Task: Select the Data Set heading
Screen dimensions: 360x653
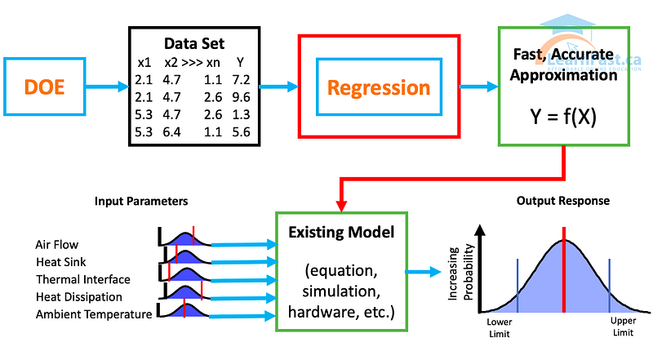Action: (195, 43)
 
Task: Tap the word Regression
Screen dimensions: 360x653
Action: (379, 87)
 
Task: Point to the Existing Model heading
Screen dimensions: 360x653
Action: (341, 233)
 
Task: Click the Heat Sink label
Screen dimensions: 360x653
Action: (59, 261)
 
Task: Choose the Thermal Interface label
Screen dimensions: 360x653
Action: (82, 279)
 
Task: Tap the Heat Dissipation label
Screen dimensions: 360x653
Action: (78, 296)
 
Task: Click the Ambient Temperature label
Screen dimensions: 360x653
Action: (93, 313)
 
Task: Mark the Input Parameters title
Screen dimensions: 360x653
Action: (130, 200)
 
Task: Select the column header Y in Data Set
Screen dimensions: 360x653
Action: (240, 61)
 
